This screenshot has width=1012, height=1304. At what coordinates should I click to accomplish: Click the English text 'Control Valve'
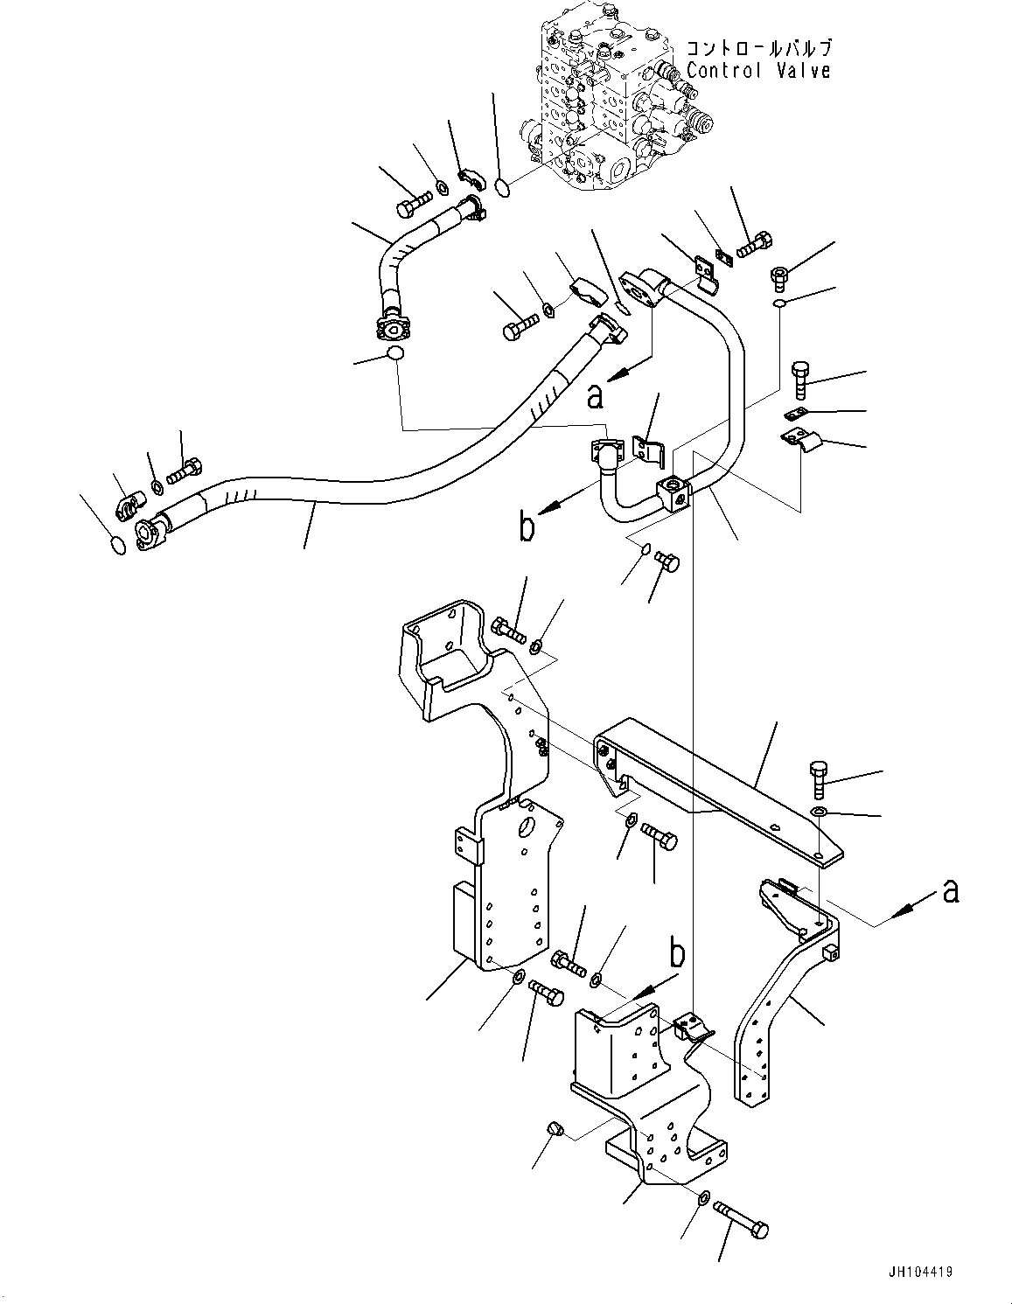point(757,71)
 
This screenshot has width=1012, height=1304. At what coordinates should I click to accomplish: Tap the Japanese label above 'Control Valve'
point(757,49)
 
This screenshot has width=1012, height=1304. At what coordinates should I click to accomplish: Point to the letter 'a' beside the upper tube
point(596,396)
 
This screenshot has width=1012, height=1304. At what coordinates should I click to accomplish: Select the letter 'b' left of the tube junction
point(526,529)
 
